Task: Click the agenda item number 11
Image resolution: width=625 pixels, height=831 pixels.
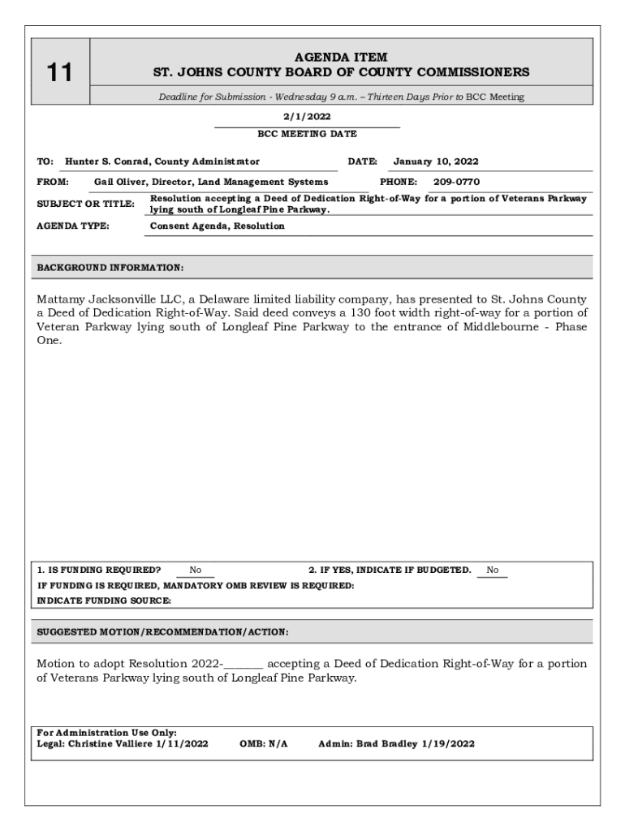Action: point(58,74)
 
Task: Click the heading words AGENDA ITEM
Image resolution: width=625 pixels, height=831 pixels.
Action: point(341,58)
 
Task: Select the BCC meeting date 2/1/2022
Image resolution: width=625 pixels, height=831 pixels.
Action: point(307,117)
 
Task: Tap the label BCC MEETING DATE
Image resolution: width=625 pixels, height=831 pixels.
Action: point(307,134)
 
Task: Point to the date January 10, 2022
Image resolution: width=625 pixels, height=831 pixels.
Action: point(436,161)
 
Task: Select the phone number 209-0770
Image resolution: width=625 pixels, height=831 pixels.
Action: point(456,182)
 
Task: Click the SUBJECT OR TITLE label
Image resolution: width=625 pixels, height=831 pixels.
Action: point(85,204)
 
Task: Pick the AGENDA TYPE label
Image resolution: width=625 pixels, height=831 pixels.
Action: point(73,226)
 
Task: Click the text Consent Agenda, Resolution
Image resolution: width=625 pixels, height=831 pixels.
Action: point(218,226)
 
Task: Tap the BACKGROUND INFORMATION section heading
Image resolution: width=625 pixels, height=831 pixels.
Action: point(110,267)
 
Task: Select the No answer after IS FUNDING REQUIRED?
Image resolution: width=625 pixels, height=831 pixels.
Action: point(196,570)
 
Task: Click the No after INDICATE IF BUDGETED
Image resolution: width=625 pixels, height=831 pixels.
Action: point(493,570)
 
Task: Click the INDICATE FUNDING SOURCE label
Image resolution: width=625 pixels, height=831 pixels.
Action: point(104,601)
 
